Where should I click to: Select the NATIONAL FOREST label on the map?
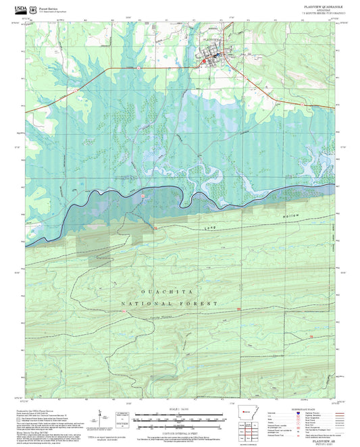(169, 304)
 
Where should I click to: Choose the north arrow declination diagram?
(101, 417)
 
